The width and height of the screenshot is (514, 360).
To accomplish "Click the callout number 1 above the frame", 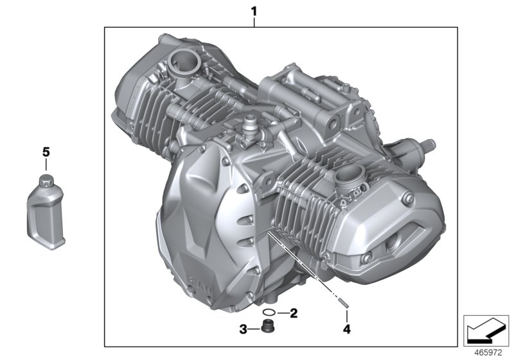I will click(x=254, y=11).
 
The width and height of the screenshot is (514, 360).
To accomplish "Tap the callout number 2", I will click(x=293, y=314).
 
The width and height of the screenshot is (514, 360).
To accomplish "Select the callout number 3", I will click(x=244, y=330).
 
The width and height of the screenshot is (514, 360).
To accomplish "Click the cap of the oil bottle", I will click(x=46, y=179).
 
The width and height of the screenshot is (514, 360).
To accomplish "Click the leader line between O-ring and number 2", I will click(x=281, y=314).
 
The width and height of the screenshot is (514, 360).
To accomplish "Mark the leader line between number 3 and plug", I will click(x=253, y=330).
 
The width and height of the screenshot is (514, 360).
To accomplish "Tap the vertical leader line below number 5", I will click(x=46, y=166).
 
